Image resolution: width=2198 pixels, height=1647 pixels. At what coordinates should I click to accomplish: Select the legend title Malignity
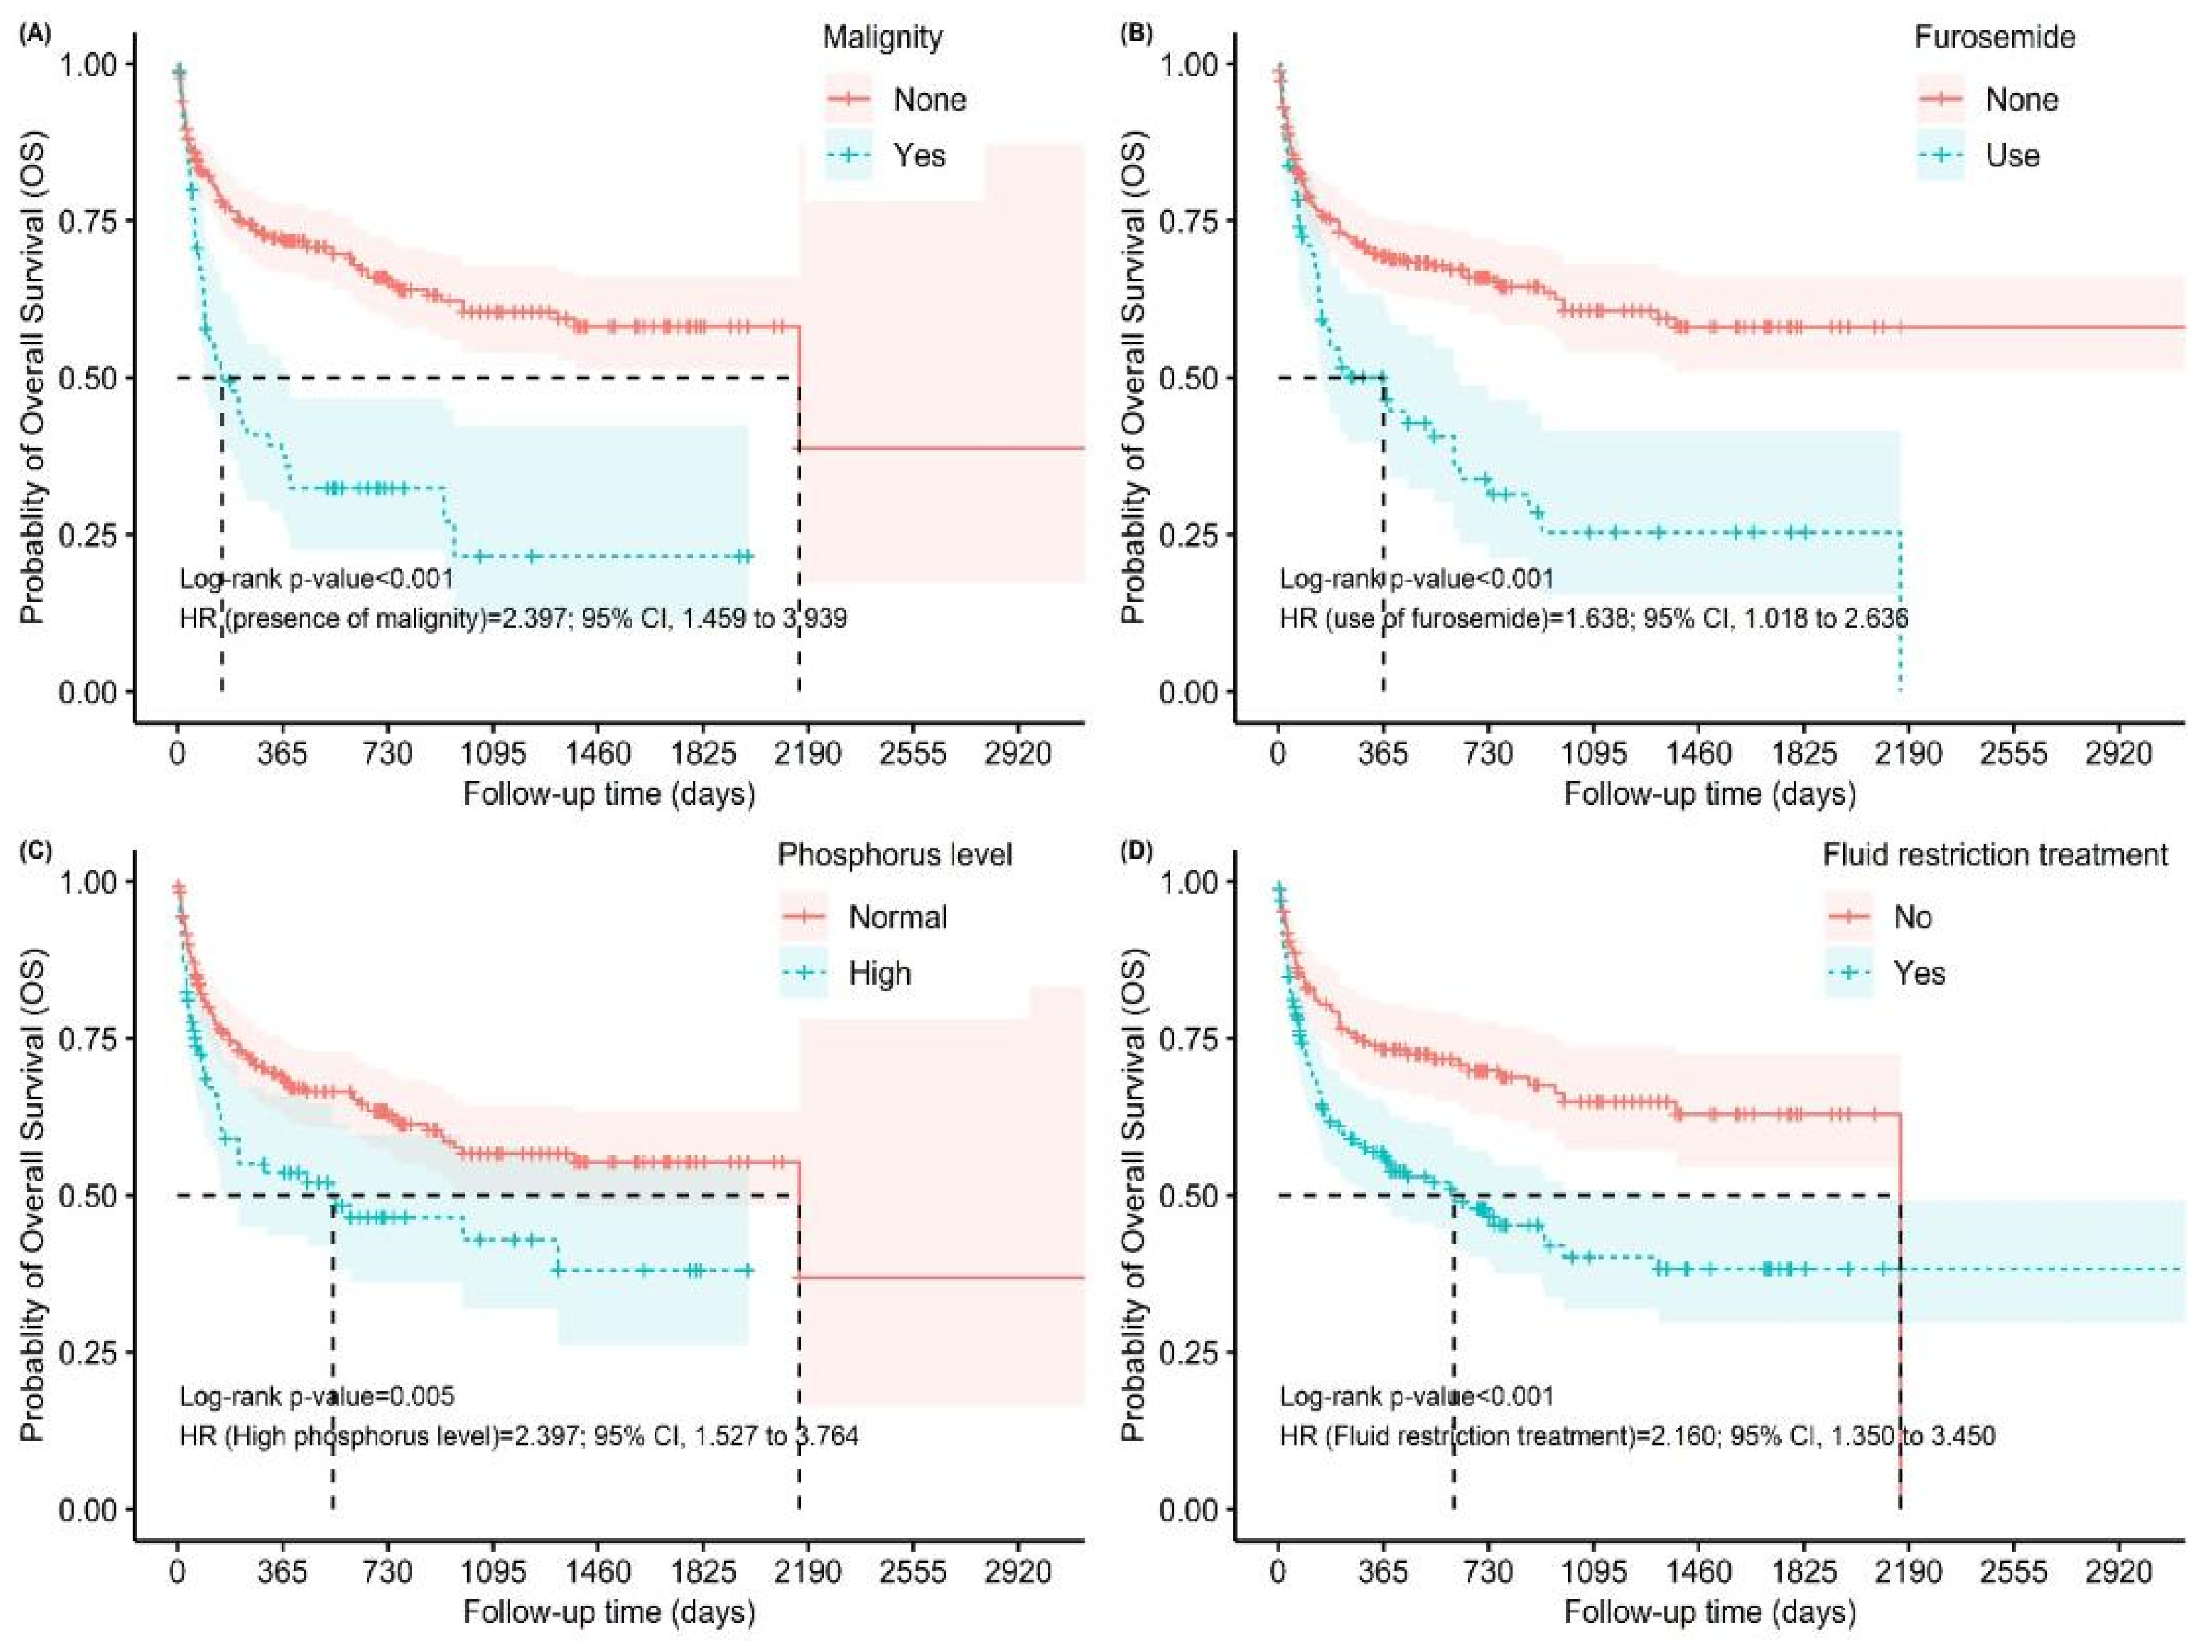click(x=883, y=37)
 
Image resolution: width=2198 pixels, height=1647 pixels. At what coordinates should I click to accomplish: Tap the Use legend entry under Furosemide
click(x=2012, y=156)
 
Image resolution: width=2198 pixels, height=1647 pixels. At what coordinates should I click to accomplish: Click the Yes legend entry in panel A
click(x=919, y=156)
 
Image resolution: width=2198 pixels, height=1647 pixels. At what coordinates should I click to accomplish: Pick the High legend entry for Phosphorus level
click(x=879, y=974)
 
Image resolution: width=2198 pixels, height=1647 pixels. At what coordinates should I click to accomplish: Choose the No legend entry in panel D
click(x=1912, y=917)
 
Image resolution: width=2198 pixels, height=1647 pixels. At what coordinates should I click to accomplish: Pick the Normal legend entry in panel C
click(x=897, y=917)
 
